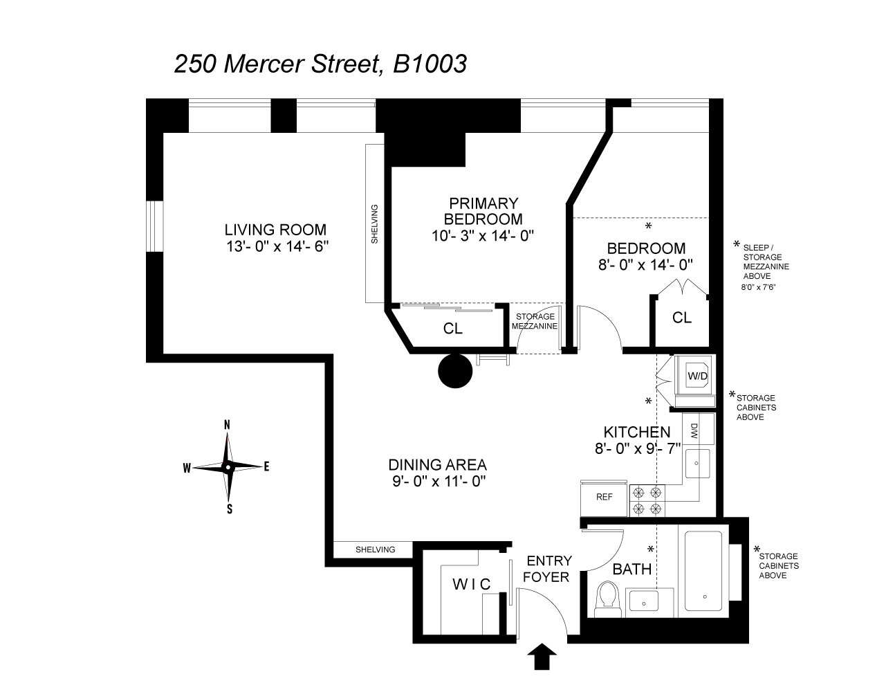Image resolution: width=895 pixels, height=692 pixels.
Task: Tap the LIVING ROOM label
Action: pos(275,230)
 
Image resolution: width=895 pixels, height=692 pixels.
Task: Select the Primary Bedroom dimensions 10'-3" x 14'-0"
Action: pos(483,235)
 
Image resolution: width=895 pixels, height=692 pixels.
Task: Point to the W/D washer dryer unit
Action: pos(696,376)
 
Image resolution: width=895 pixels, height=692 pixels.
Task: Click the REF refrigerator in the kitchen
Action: pos(604,497)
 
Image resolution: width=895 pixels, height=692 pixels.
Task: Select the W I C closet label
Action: pos(471,584)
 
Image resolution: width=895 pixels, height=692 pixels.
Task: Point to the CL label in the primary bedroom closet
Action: pos(453,329)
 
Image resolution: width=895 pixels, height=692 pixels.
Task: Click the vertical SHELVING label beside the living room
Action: pos(375,224)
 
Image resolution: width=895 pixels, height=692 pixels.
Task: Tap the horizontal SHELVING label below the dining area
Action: pos(375,549)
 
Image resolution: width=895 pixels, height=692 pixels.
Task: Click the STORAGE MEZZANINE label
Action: pos(536,321)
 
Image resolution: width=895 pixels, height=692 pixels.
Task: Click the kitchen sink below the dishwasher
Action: pos(696,462)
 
